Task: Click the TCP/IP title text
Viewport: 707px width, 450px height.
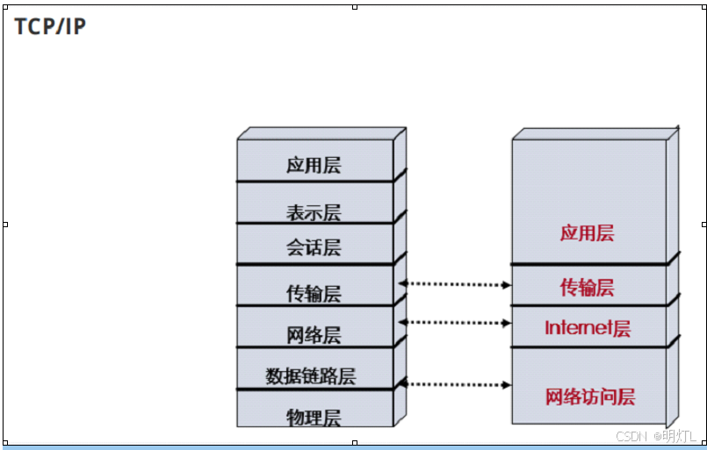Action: (x=50, y=26)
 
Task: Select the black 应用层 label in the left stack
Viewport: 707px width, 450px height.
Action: (x=314, y=165)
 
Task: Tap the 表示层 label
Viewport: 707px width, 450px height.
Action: (x=314, y=212)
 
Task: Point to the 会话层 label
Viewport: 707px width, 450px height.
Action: (x=314, y=247)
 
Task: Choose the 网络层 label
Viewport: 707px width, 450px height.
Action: (x=314, y=335)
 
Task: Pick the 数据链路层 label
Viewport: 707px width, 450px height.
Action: (x=311, y=376)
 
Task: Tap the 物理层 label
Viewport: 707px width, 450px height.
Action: (x=314, y=418)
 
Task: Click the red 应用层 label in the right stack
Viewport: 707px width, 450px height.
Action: (x=587, y=233)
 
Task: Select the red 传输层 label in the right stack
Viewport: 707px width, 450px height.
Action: (x=587, y=288)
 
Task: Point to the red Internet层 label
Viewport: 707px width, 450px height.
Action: (x=588, y=329)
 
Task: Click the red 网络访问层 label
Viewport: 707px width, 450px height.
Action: (x=590, y=396)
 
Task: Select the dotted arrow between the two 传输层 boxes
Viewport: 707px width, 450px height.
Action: (x=455, y=284)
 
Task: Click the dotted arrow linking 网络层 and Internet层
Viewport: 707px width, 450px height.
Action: (x=455, y=323)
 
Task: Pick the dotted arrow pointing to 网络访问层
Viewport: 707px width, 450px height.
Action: (x=455, y=384)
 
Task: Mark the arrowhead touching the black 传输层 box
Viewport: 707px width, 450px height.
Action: (x=403, y=283)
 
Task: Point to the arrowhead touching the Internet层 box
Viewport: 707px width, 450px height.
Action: (x=508, y=323)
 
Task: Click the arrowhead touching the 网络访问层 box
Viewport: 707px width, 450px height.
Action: (x=508, y=384)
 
